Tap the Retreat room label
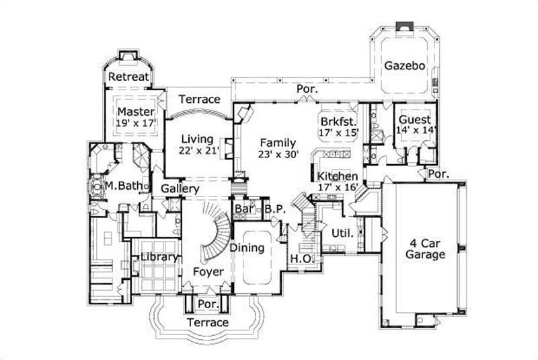coord(128,77)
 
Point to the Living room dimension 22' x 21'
coord(200,151)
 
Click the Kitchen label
coord(338,176)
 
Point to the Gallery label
coord(180,189)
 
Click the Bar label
coord(243,209)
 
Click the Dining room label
coord(247,248)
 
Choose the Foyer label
coord(208,271)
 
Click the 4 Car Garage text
coord(426,249)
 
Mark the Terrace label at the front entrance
coord(208,323)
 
